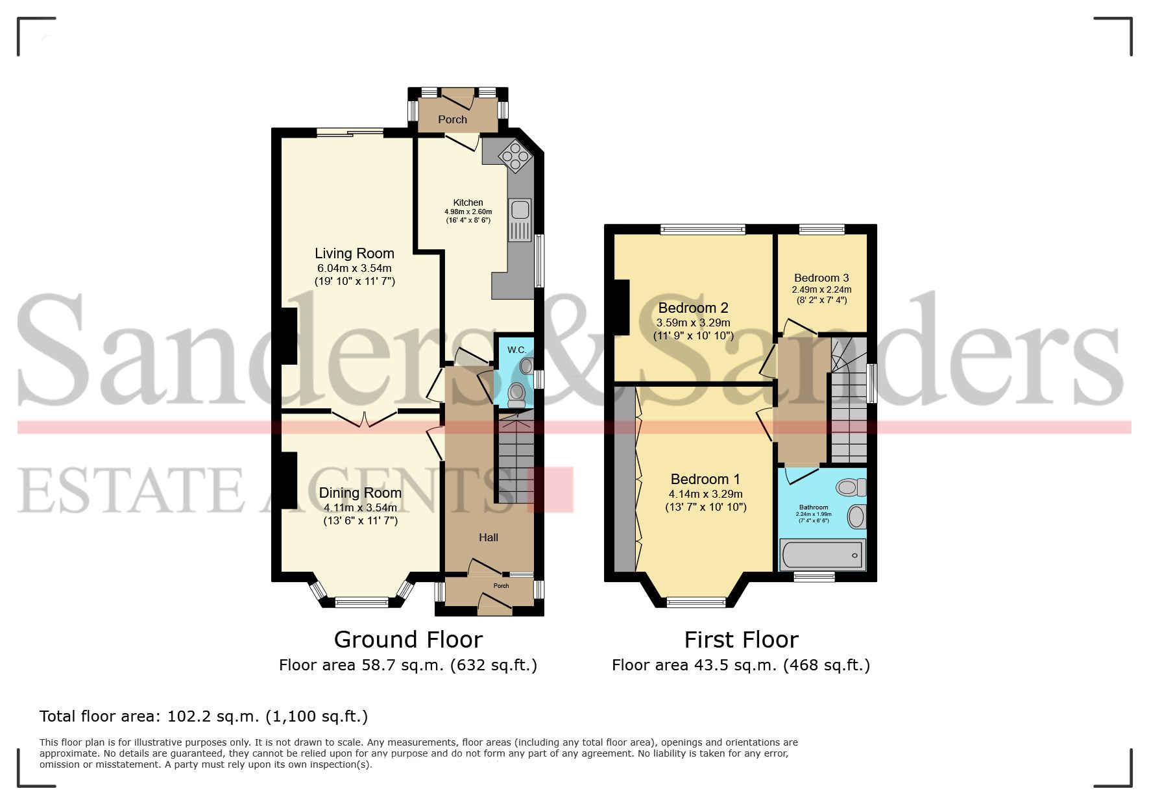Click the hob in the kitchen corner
tap(515, 156)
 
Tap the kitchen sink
tap(520, 210)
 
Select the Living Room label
tap(354, 254)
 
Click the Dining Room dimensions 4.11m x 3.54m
tap(360, 507)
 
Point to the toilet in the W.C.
tap(517, 393)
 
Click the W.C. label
tap(516, 350)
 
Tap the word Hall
tap(489, 537)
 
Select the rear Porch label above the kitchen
tap(452, 119)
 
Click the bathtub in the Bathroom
tap(822, 555)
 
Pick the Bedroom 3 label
tap(821, 278)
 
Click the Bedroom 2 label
tap(693, 308)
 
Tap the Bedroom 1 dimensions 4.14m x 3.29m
tap(705, 494)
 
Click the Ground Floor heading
tap(408, 640)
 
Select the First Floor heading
tap(741, 640)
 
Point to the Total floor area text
tap(204, 716)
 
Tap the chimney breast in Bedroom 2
tap(621, 307)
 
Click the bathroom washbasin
tap(857, 517)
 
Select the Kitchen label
tap(468, 202)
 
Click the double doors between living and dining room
tap(364, 419)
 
